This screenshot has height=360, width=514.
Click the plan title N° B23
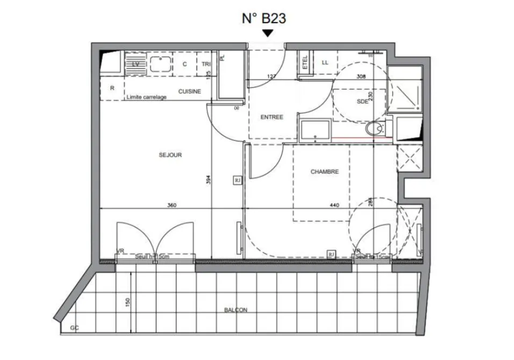263,19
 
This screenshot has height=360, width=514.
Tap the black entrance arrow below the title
268,33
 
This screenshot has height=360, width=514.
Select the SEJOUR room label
170,155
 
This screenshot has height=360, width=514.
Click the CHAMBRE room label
325,172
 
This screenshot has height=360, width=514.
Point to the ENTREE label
272,117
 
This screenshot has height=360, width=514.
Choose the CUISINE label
190,91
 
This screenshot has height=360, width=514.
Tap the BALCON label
235,310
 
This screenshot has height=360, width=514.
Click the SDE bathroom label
362,102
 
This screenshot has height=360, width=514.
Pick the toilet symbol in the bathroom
374,129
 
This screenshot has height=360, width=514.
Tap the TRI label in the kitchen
206,64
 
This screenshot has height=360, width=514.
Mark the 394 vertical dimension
208,180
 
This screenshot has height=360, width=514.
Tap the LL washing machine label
325,62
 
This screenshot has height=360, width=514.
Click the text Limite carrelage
146,97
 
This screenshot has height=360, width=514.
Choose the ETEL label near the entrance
305,61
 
